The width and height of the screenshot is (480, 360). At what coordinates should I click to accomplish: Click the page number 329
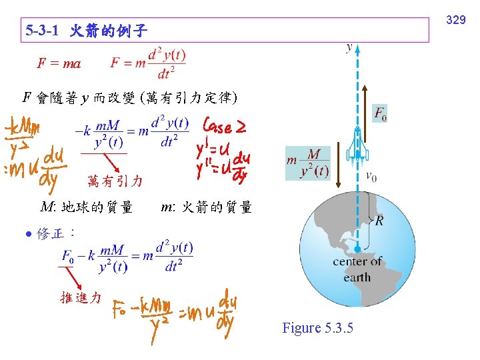point(455,21)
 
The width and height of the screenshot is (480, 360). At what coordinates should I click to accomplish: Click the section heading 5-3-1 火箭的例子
point(86,31)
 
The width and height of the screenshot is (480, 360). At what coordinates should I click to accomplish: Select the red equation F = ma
point(59,64)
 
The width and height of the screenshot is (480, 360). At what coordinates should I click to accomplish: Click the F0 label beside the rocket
point(380,115)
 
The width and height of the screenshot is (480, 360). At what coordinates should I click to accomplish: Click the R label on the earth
point(378,221)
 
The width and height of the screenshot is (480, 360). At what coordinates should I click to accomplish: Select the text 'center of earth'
point(357,269)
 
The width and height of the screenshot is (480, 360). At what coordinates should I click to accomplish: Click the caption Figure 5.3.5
point(317,328)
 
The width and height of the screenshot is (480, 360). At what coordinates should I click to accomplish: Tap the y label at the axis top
point(350,47)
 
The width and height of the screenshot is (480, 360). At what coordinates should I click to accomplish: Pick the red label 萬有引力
point(115,180)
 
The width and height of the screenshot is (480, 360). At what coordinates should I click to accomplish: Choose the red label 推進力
point(81,297)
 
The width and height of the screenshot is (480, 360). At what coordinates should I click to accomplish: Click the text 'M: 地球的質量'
point(86,207)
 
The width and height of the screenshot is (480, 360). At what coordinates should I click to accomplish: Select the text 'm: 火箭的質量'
point(207,207)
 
